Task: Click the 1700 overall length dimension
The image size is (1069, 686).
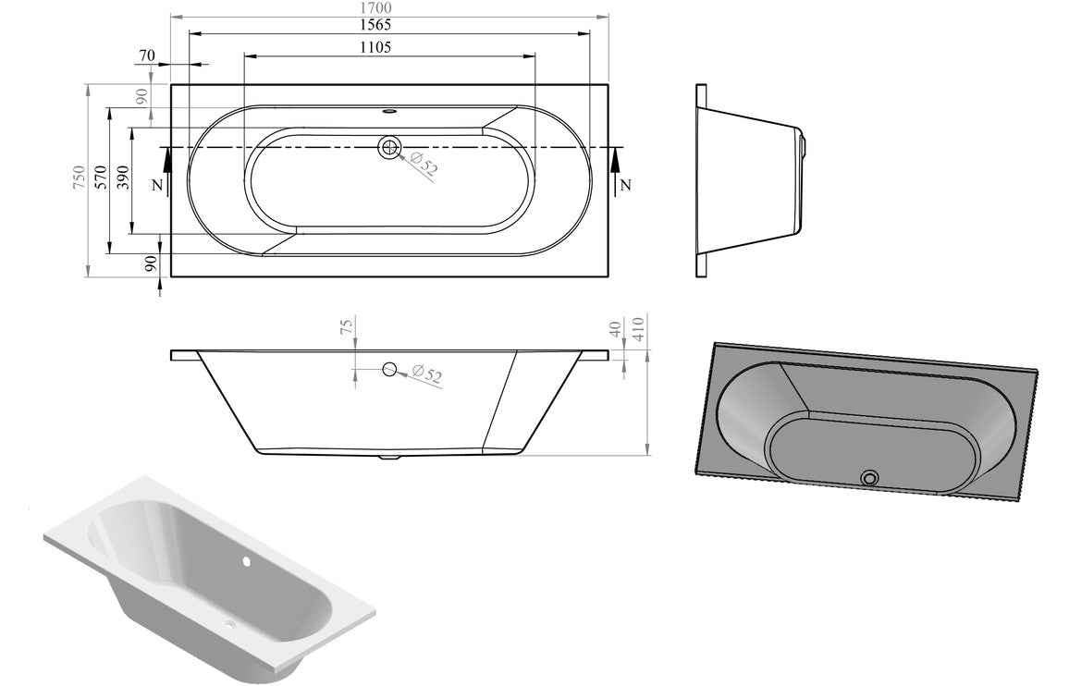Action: pyautogui.click(x=390, y=7)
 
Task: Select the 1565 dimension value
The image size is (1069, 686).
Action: pyautogui.click(x=390, y=25)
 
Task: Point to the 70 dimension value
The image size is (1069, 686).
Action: pyautogui.click(x=146, y=55)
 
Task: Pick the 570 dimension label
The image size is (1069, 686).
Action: pyautogui.click(x=100, y=179)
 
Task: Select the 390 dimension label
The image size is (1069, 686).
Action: pyautogui.click(x=121, y=179)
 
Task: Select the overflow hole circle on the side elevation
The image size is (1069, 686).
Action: pyautogui.click(x=389, y=370)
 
